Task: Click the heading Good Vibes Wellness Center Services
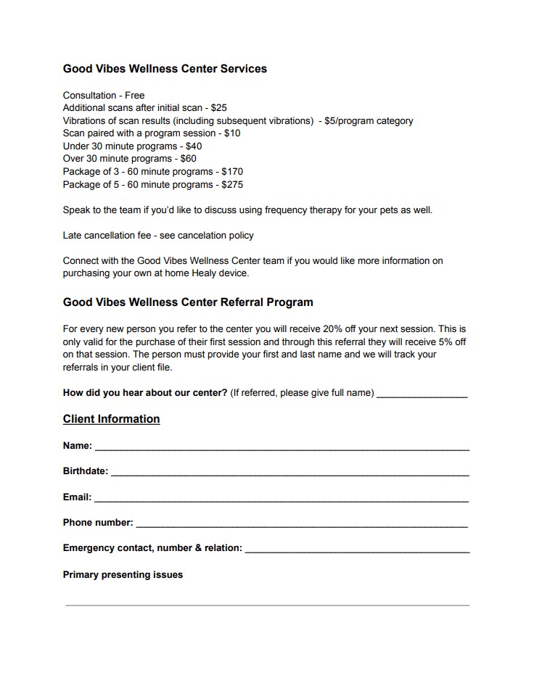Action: [165, 69]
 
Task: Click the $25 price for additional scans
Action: [219, 108]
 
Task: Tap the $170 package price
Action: [232, 172]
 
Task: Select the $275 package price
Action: [232, 184]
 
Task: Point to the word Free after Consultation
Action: [134, 95]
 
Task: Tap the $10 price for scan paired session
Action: [232, 133]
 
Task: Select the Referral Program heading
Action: [188, 302]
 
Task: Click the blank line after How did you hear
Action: [422, 394]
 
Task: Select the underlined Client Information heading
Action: [111, 419]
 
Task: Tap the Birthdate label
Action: [86, 471]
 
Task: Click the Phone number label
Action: [98, 523]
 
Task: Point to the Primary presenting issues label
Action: [123, 575]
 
